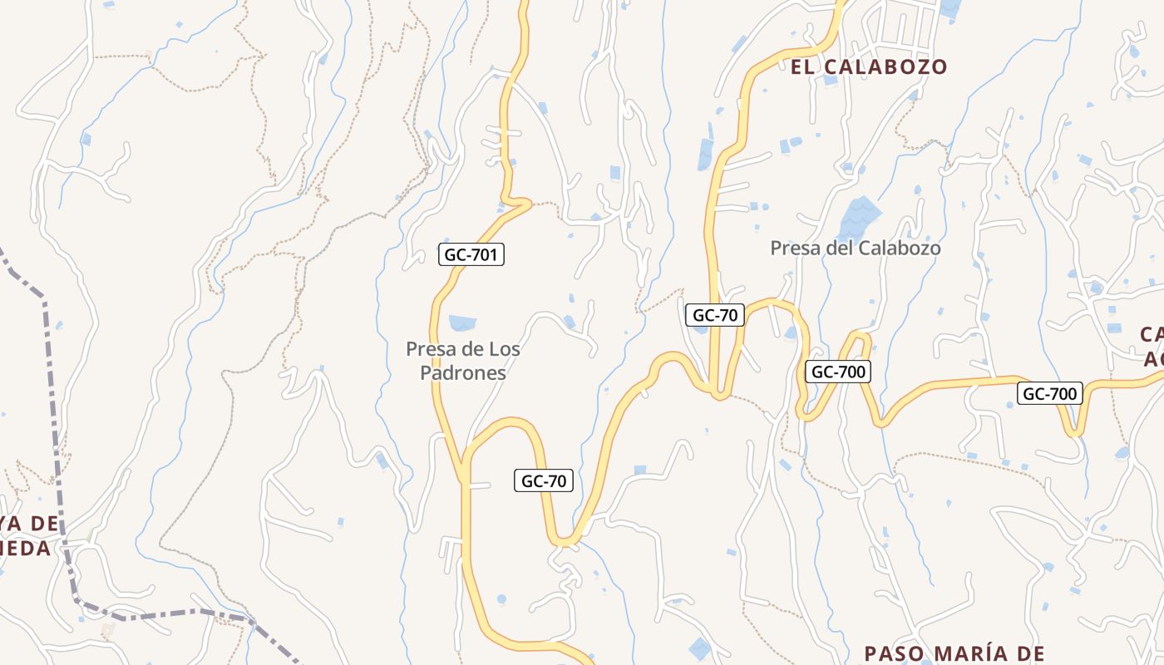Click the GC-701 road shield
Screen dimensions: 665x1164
471,254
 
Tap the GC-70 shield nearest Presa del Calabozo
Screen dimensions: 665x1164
714,315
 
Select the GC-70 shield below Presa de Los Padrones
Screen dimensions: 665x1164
544,480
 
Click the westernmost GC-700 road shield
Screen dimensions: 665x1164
838,372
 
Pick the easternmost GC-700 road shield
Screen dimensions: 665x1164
1051,393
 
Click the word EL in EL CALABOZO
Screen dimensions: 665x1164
803,67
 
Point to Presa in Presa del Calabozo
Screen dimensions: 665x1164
793,248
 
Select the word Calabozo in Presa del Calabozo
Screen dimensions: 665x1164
900,248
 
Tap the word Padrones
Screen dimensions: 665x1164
463,373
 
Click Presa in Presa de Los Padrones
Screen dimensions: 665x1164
429,349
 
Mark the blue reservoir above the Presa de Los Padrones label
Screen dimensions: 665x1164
462,323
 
